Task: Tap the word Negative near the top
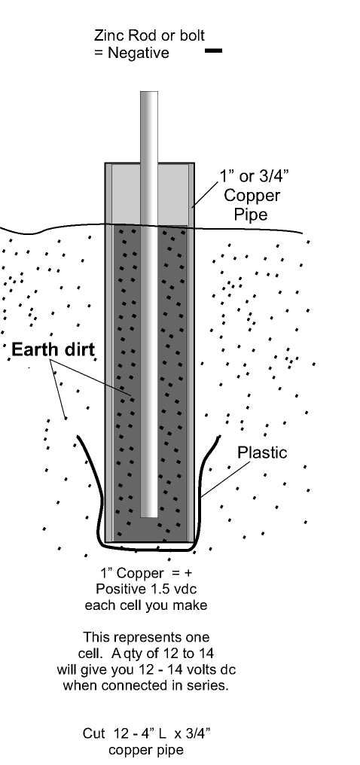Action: (138, 53)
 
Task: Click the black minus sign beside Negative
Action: (213, 50)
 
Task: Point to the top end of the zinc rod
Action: (149, 92)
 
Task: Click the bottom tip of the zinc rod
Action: (149, 517)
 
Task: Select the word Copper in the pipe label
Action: (252, 196)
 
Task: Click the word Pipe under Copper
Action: (252, 214)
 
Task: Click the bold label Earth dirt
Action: (53, 349)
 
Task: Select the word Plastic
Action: (262, 453)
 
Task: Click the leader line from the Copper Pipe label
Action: (205, 195)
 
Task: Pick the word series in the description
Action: (207, 684)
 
